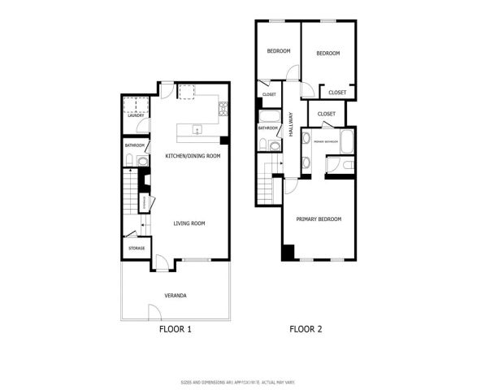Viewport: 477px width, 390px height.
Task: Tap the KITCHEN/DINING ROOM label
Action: click(x=193, y=156)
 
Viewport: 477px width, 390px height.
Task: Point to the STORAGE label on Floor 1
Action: click(x=136, y=248)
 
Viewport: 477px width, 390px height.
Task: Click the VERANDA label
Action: click(x=176, y=295)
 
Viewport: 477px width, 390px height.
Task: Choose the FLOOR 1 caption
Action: click(x=175, y=330)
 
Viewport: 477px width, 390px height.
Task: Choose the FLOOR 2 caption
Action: click(x=306, y=330)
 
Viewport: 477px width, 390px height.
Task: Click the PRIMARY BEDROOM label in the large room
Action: click(x=319, y=219)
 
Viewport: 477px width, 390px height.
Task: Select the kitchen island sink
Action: click(x=196, y=129)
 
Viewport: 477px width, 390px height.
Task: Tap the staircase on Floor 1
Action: click(x=131, y=195)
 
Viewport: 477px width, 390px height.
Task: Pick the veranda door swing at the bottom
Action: click(x=154, y=310)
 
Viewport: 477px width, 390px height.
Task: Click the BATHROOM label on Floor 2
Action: click(x=268, y=128)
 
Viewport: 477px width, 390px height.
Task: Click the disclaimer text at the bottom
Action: click(x=238, y=381)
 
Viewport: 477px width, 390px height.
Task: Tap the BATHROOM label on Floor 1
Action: click(x=135, y=145)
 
